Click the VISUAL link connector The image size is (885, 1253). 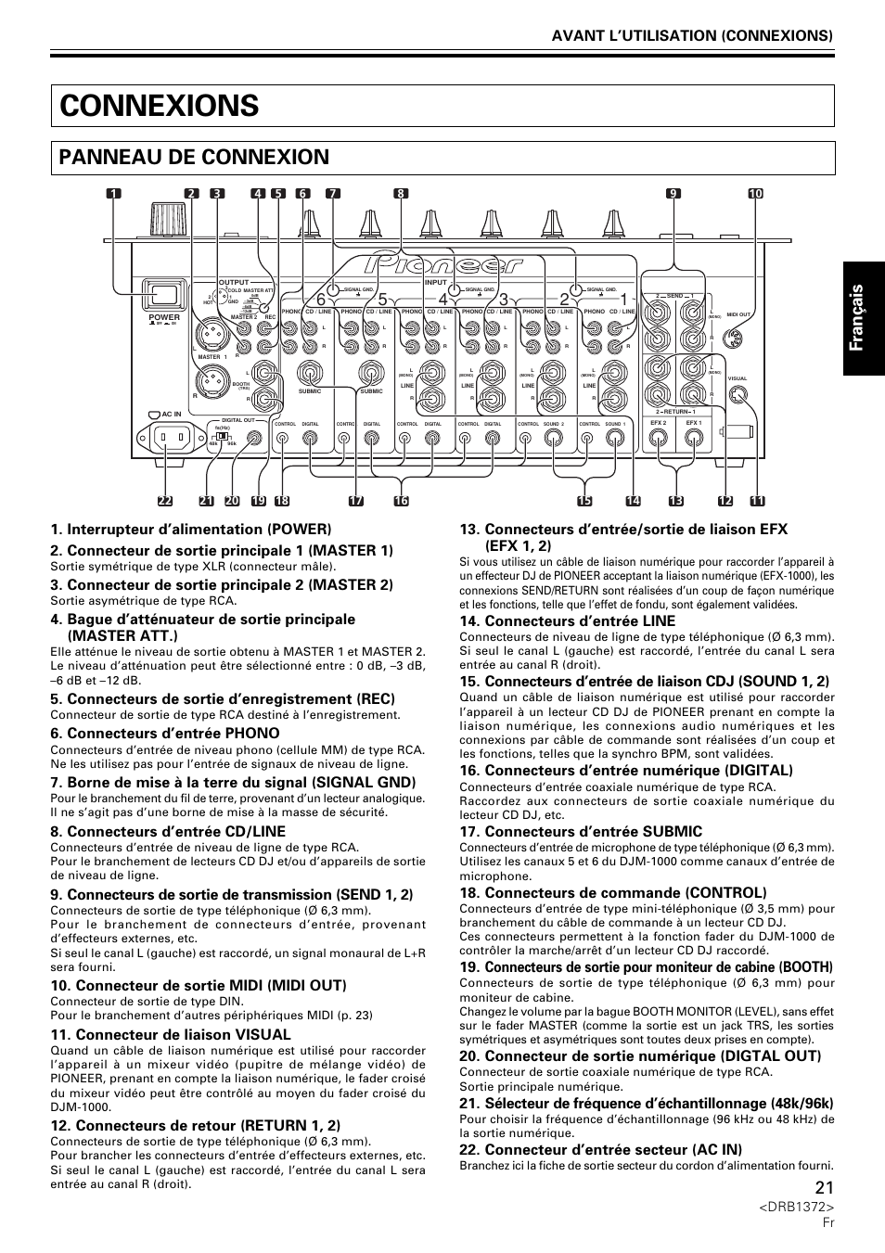point(737,396)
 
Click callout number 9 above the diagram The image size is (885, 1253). point(673,194)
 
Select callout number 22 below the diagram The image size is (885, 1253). point(165,501)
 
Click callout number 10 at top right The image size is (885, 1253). point(755,194)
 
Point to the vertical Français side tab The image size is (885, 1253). point(863,314)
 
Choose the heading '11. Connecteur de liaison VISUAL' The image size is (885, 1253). point(171,1034)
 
